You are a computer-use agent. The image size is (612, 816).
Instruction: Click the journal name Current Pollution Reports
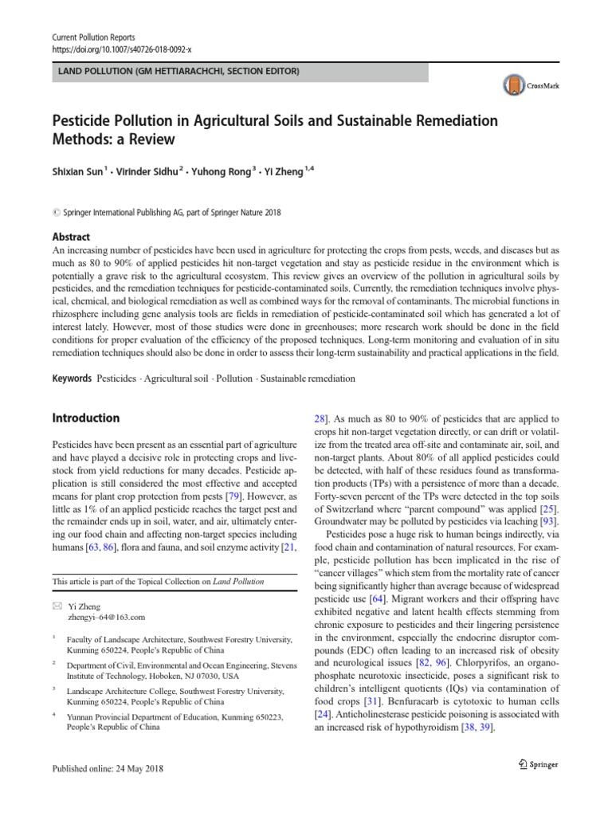(x=92, y=37)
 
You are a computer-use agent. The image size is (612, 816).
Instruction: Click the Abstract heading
(x=71, y=237)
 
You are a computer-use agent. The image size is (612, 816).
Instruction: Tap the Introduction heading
(x=85, y=418)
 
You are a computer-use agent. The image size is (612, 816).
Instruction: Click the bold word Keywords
(x=72, y=379)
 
